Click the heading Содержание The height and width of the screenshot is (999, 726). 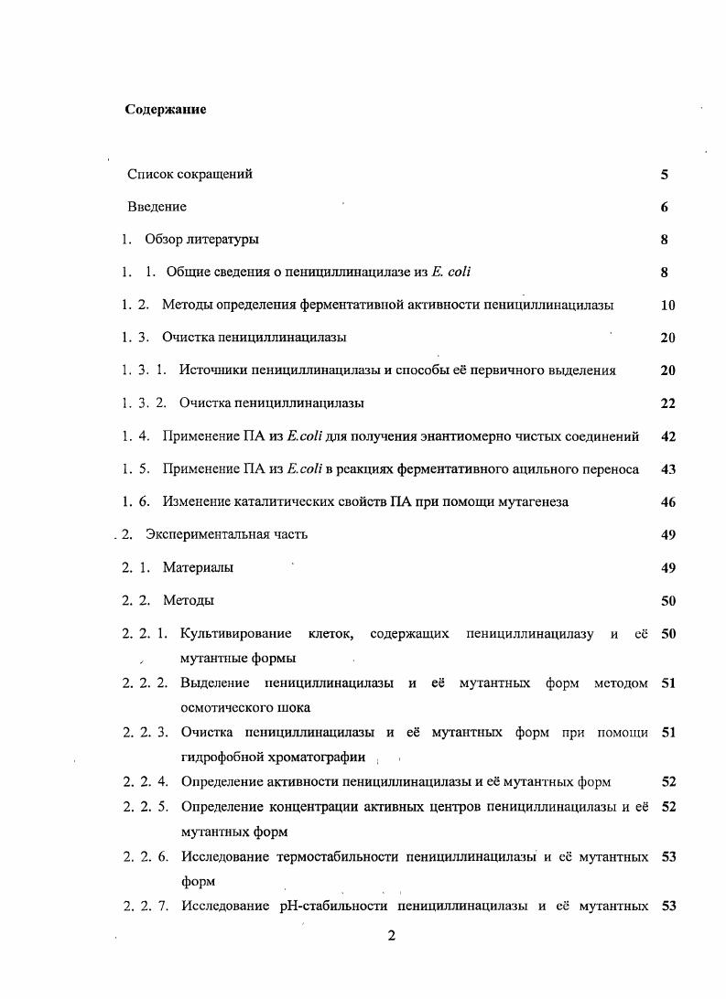point(165,110)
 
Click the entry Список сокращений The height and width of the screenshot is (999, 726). point(190,174)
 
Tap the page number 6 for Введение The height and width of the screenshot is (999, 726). point(664,207)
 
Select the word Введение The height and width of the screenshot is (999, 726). point(157,207)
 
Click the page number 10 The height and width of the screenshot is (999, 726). point(666,306)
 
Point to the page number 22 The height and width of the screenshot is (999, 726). point(667,403)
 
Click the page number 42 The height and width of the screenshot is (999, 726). point(667,436)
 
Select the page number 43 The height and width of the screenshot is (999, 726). point(667,469)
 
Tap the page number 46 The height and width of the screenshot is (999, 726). point(667,502)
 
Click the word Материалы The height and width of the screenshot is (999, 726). point(198,568)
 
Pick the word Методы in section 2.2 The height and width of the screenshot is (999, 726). point(189,601)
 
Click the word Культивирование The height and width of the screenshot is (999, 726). point(236,634)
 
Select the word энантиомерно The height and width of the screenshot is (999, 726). point(491,436)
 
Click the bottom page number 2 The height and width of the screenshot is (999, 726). point(391,935)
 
